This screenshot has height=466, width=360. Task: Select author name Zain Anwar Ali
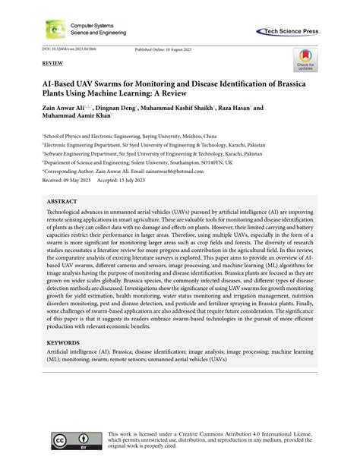tap(62, 109)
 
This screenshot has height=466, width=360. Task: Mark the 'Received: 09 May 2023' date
tap(64, 180)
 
